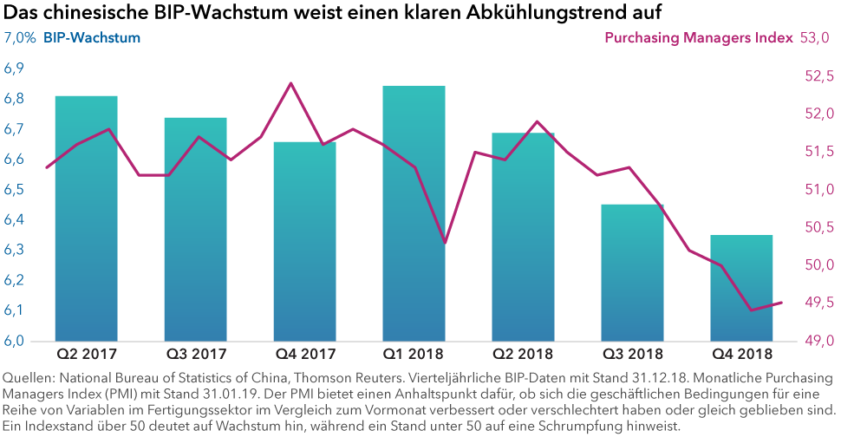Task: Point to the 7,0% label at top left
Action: click(x=20, y=38)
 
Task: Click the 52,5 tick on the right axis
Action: click(x=818, y=76)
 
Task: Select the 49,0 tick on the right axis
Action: click(x=818, y=341)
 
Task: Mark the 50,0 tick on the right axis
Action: click(x=818, y=265)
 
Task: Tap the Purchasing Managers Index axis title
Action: click(x=698, y=38)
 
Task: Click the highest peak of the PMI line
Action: click(x=290, y=83)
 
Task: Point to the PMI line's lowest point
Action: click(x=751, y=310)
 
